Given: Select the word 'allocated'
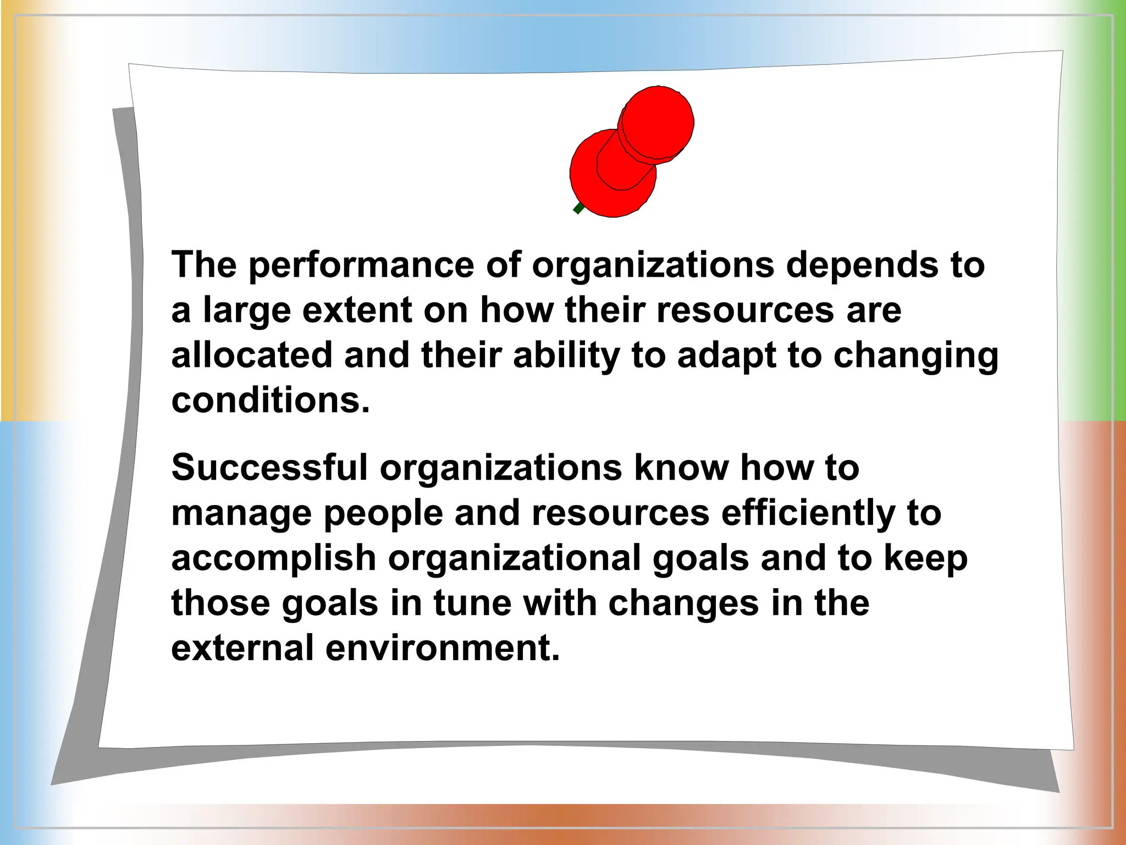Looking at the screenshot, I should pyautogui.click(x=252, y=355).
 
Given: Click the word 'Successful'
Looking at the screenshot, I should pyautogui.click(x=269, y=468).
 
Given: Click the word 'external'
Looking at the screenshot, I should pyautogui.click(x=242, y=648).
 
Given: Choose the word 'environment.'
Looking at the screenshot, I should pyautogui.click(x=443, y=648).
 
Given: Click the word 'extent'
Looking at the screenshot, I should pyautogui.click(x=357, y=310).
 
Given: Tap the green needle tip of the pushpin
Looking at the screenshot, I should pyautogui.click(x=578, y=208).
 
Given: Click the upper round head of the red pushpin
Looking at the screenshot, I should pyautogui.click(x=658, y=122).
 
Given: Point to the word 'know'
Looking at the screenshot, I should pyautogui.click(x=681, y=468).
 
